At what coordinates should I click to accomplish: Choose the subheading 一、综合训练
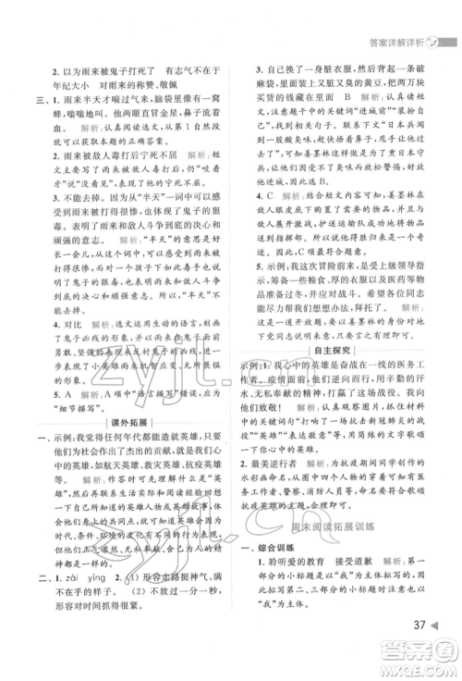coord(285,547)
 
